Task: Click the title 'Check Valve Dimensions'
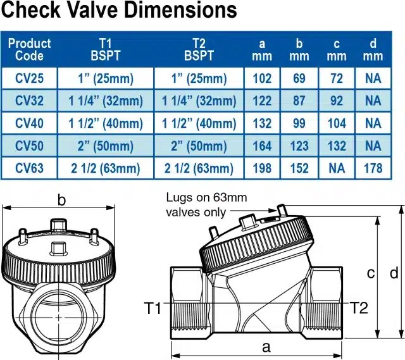tap(119, 11)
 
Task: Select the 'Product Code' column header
tap(29, 49)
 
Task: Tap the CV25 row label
tap(29, 78)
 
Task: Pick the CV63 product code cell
tap(29, 168)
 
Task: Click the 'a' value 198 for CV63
tap(262, 168)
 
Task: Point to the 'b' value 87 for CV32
tap(299, 101)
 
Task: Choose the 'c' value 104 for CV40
tap(337, 123)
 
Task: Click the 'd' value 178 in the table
tap(373, 168)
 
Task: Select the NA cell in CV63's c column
tap(337, 168)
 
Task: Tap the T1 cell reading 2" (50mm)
tap(106, 146)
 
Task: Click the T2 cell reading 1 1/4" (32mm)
tap(199, 101)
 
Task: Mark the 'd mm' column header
tap(373, 49)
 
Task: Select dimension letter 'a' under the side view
tap(266, 347)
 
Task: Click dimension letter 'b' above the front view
tap(61, 201)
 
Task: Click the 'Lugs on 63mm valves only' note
tap(206, 205)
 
